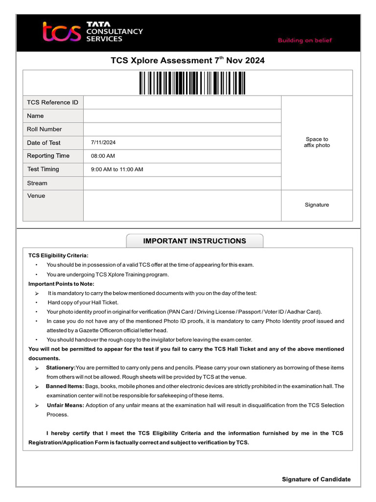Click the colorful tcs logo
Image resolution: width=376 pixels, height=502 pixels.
tap(61, 32)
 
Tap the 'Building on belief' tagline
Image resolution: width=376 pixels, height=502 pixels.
tap(305, 41)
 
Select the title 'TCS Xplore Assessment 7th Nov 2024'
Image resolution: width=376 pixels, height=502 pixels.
tap(188, 61)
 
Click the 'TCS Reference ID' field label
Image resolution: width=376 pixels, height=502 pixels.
tap(52, 102)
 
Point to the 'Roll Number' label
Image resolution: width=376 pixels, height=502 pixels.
tap(44, 129)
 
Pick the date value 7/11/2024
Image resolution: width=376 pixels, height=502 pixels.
tap(103, 143)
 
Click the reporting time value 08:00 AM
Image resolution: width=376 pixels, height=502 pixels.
tap(103, 156)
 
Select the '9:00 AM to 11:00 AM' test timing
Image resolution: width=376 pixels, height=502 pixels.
tap(117, 170)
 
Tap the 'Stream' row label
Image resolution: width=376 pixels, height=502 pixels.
tap(37, 183)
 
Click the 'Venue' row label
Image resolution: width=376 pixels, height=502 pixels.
tap(36, 196)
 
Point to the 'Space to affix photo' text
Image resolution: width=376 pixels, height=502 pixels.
tap(317, 142)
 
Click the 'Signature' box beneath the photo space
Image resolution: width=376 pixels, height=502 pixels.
tap(317, 205)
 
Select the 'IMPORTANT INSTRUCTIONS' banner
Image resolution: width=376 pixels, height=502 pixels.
tap(194, 241)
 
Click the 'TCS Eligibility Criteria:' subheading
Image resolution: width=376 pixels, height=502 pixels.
tap(58, 255)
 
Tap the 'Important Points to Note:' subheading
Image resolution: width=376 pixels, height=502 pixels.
tap(61, 284)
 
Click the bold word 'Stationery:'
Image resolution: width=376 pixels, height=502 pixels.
tap(61, 368)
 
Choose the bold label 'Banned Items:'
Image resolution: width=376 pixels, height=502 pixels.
tap(65, 386)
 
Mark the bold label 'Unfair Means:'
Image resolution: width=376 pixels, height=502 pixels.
tap(66, 405)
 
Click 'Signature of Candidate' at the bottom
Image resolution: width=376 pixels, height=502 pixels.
tap(316, 479)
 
